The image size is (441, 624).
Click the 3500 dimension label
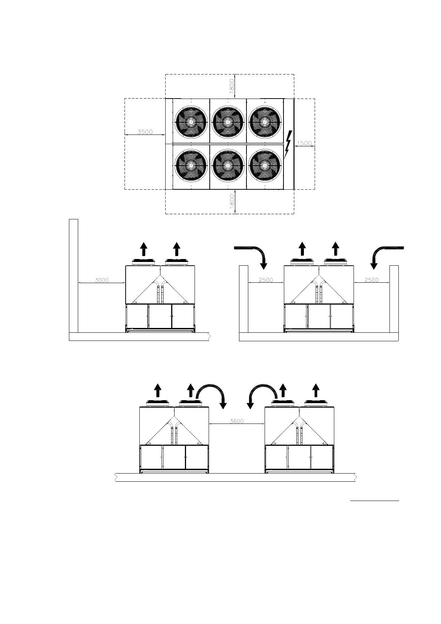[145, 132]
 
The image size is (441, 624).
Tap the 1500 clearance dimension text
[304, 143]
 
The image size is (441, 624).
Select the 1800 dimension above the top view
[232, 86]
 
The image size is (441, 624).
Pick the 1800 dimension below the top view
[232, 202]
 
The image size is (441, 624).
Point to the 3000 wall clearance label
[102, 280]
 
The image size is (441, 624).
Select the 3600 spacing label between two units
[237, 421]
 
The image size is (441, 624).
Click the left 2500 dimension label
[266, 280]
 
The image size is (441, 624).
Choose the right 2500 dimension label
[371, 280]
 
